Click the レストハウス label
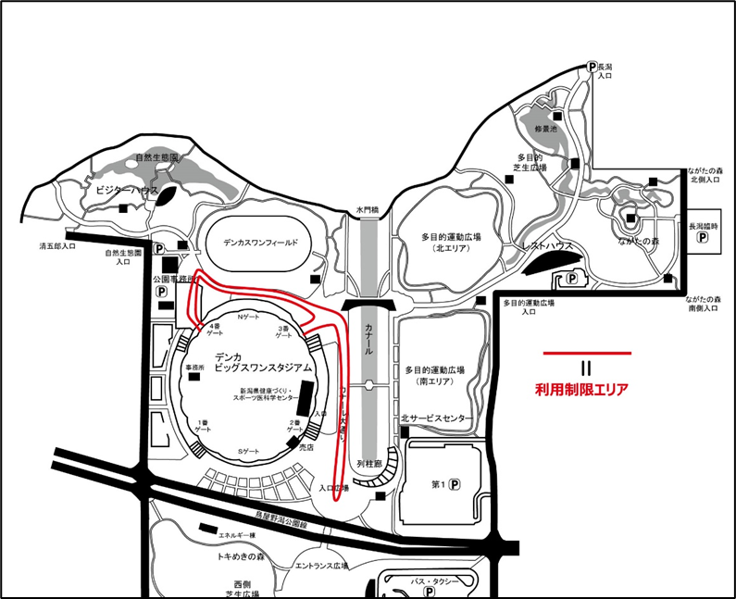point(548,247)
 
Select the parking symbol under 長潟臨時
point(702,237)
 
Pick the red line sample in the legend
point(587,353)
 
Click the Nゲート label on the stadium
point(250,318)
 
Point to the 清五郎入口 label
point(57,247)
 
